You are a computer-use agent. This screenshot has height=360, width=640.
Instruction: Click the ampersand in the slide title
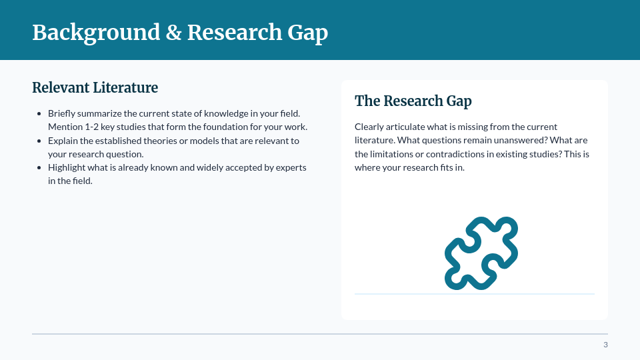[x=173, y=33]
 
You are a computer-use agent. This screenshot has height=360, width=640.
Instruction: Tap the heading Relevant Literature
[x=95, y=87]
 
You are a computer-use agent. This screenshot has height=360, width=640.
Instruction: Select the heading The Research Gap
[x=413, y=101]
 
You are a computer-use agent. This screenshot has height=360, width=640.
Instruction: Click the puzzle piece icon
[x=481, y=253]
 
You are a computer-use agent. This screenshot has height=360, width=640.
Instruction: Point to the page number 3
[x=605, y=345]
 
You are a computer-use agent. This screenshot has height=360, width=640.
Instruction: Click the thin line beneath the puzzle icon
[x=474, y=294]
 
